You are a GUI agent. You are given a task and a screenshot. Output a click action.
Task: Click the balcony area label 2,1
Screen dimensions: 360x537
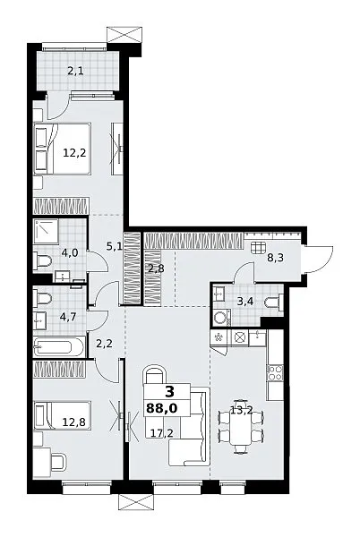75,72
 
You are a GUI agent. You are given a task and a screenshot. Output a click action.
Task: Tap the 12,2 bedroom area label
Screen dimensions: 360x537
74,152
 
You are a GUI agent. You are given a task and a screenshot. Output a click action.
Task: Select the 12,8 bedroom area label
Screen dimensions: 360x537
74,422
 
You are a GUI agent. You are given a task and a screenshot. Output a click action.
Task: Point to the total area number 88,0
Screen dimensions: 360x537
162,408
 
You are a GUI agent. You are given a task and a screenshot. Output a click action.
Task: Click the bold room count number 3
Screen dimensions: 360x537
169,391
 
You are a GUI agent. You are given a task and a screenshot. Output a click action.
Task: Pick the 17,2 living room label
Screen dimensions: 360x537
162,433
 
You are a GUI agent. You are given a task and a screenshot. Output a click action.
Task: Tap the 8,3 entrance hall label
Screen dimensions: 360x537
276,258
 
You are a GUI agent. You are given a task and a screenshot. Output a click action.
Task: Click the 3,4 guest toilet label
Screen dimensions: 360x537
245,302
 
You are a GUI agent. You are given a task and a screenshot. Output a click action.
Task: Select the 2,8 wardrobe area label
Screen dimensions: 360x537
156,268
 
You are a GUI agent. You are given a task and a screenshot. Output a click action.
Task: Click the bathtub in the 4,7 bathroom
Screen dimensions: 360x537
59,347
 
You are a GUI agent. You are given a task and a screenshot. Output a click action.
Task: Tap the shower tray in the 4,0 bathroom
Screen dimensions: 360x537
46,232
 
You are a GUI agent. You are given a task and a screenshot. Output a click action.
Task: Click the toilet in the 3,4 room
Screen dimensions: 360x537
274,303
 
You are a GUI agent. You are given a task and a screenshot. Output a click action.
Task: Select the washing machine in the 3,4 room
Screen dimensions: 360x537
221,318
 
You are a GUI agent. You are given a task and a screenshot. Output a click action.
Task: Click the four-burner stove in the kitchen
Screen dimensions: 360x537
275,372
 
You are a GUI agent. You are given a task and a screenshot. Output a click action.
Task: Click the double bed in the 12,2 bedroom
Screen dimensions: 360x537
62,149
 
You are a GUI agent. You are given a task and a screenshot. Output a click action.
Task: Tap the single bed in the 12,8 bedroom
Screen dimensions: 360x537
62,415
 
